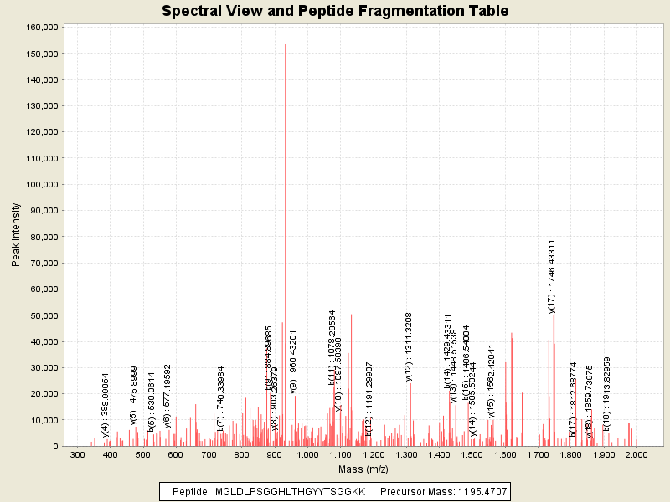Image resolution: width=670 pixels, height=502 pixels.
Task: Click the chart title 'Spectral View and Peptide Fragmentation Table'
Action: [x=335, y=11]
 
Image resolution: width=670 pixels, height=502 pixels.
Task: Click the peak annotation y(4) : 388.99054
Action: [x=106, y=405]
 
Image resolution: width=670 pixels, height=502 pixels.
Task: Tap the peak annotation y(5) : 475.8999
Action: [x=133, y=397]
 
